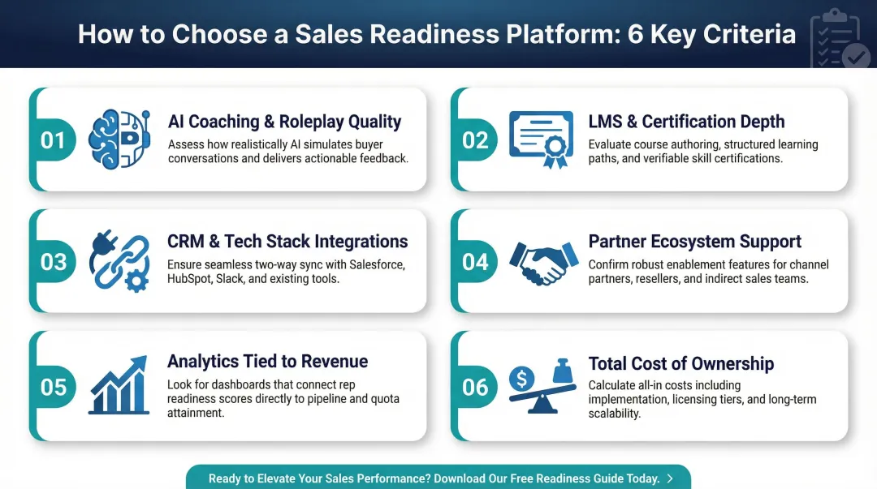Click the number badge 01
pos(53,140)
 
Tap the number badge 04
pos(475,262)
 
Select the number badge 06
pos(475,386)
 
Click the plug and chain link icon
pos(119,261)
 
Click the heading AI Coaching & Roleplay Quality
pos(284,122)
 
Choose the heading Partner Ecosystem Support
pos(694,242)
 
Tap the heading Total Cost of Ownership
pos(680,363)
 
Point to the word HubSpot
pos(190,278)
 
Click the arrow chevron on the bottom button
pos(670,478)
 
